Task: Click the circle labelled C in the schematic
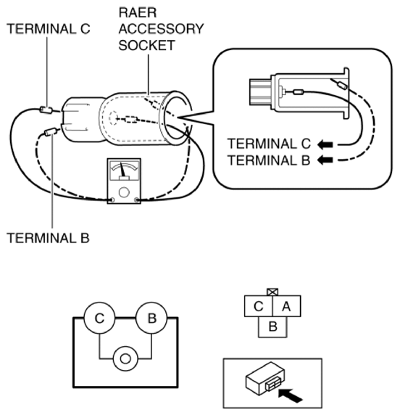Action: [99, 317]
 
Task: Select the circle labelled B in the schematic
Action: [151, 317]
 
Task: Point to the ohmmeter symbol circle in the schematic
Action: [125, 358]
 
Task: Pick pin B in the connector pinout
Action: [272, 326]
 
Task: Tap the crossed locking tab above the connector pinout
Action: [272, 290]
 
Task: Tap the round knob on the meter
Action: [125, 194]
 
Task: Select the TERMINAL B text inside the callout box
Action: [269, 160]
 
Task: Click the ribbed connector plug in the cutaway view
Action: [257, 94]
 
